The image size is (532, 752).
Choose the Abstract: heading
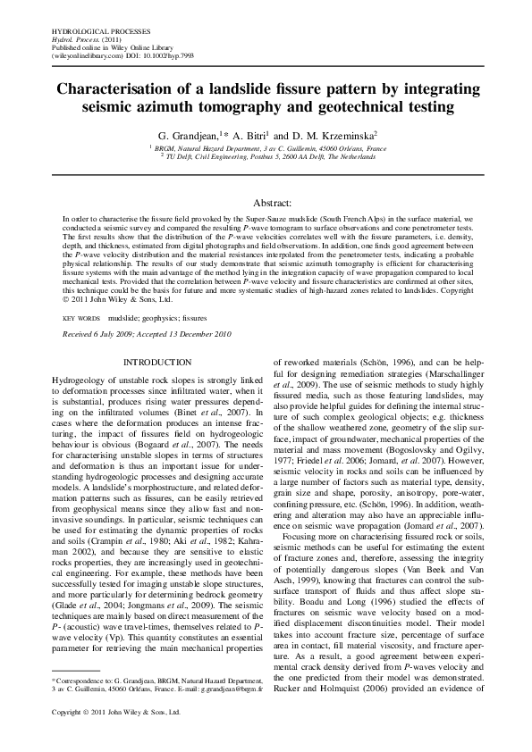[266, 204]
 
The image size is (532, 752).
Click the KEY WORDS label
[81, 318]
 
